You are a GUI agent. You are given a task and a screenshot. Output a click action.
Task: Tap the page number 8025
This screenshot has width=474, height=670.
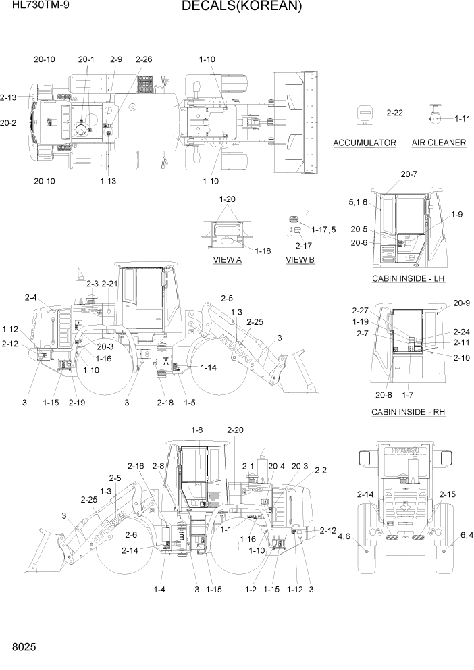[x=24, y=647]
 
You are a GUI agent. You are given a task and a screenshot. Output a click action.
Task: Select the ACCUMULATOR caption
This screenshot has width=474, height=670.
[x=365, y=143]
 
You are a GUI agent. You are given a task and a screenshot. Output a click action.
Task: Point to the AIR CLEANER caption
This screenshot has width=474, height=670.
[x=438, y=143]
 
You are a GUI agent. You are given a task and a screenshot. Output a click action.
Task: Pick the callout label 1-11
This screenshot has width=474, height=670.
[x=462, y=119]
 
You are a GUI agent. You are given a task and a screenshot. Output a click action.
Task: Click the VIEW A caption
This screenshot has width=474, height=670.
[x=227, y=259]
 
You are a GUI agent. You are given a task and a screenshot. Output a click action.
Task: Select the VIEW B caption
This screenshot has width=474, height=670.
[x=300, y=259]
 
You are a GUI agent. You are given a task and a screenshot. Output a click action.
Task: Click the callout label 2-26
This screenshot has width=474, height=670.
[x=143, y=59]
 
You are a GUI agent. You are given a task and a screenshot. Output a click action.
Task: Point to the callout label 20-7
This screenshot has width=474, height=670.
[x=409, y=174]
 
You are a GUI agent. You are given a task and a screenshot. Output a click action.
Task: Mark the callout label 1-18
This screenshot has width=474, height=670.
[x=263, y=251]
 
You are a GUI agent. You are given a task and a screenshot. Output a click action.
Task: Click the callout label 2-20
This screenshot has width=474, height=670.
[x=236, y=430]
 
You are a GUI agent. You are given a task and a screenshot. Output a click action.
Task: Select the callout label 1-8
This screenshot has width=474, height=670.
[x=197, y=430]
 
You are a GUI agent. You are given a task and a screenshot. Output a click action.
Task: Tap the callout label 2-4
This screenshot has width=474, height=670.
[x=31, y=297]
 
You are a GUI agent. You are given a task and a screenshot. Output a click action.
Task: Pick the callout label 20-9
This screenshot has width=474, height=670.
[x=461, y=303]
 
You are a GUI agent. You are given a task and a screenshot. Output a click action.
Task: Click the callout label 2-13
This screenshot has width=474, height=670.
[x=9, y=97]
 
